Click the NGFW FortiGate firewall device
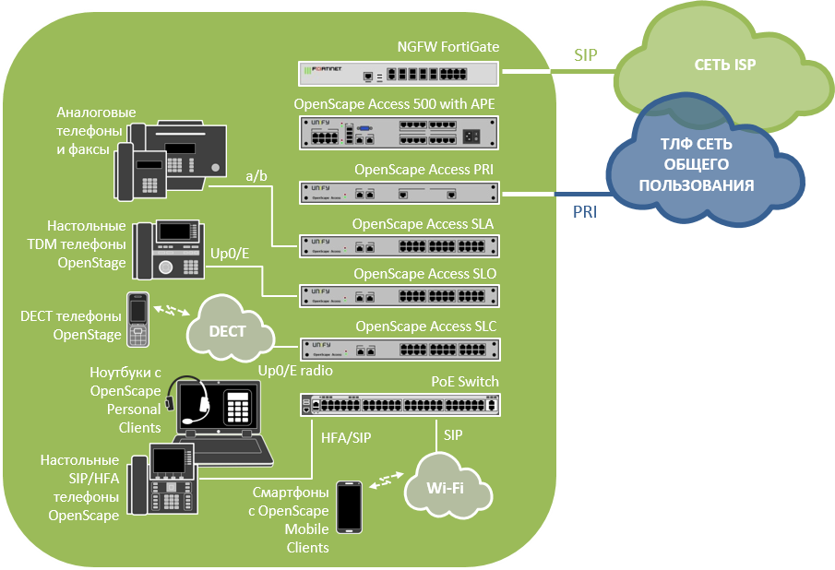pos(399,74)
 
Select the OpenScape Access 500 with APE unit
pos(399,133)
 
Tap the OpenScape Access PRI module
pos(399,193)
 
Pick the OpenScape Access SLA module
pos(399,246)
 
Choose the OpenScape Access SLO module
pos(399,296)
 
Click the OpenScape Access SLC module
pos(400,350)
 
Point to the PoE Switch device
pos(400,405)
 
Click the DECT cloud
pos(230,328)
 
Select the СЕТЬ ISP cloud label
pos(725,65)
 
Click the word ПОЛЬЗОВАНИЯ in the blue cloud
pos(697,185)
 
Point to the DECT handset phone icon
pos(137,319)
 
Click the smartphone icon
pos(350,507)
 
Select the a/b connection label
pos(256,175)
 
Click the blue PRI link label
pos(585,212)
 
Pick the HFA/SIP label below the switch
pos(346,437)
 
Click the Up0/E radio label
pos(295,371)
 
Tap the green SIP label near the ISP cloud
pos(585,54)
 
